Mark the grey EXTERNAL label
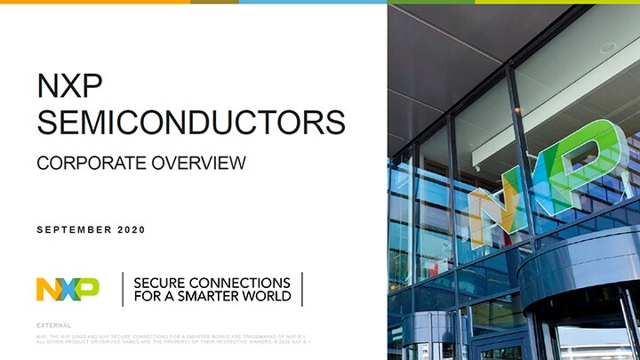coord(54,326)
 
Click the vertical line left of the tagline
coord(123,289)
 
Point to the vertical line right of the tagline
coord(302,289)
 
